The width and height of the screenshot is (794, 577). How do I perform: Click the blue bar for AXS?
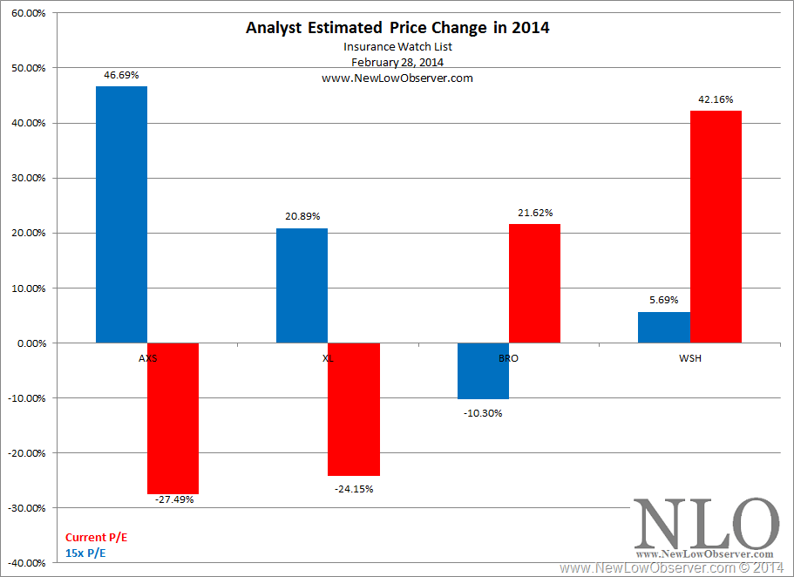(x=121, y=214)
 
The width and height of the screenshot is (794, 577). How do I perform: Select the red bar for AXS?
(x=173, y=418)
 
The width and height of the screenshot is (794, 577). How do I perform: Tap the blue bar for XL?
(x=302, y=286)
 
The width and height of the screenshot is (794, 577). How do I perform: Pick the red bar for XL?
(x=354, y=409)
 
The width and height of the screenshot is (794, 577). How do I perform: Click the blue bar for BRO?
(x=483, y=371)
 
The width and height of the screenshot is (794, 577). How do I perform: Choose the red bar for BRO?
(x=534, y=283)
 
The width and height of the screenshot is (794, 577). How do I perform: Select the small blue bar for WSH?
(x=663, y=328)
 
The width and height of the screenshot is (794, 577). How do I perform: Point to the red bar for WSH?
(x=716, y=227)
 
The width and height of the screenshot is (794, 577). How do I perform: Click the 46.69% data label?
(x=120, y=76)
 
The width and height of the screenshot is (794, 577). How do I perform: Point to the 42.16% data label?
(x=716, y=100)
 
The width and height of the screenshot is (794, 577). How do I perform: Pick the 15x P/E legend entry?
(x=86, y=552)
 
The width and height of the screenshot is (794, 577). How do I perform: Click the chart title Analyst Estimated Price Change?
(x=397, y=27)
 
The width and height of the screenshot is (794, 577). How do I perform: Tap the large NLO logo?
(x=706, y=525)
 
